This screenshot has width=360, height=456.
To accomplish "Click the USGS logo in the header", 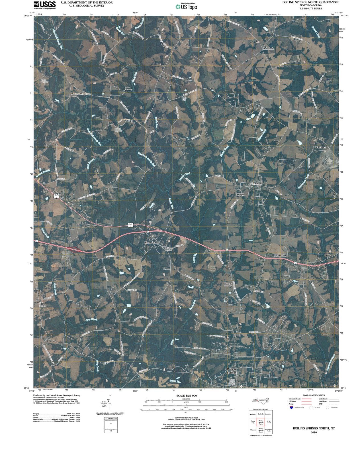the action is tap(45, 5).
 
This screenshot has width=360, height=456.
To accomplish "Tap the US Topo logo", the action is tap(186, 7).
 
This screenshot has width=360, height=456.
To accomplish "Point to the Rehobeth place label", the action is tap(268, 48).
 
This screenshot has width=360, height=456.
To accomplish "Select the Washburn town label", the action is tap(320, 147).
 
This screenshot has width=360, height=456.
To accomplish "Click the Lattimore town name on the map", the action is tap(257, 184).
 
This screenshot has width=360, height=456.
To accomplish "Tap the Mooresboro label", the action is tap(151, 243).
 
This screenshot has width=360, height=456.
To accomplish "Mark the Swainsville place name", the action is tap(280, 256).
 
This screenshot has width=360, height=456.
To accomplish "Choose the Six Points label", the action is tap(43, 304).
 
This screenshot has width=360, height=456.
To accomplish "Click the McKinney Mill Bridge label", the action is tap(80, 94).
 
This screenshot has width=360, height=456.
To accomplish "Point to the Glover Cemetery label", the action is tap(44, 81).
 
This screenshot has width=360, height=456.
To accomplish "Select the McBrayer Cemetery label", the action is tap(228, 284).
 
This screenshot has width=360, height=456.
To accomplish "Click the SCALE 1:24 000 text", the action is tap(187, 396).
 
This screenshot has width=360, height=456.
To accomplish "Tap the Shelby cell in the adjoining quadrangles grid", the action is tap(268, 422).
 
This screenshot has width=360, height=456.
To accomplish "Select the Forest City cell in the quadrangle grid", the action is tap(253, 422).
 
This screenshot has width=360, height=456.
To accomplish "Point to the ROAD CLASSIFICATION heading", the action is tap(314, 395).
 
